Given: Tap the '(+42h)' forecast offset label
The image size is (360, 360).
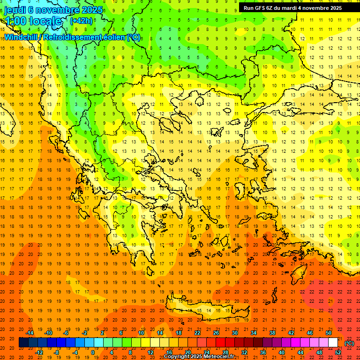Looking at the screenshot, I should pos(81,21).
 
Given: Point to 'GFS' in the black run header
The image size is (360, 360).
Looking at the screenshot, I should pos(262,8).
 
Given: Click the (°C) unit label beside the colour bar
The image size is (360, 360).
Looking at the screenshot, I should pos(349,343).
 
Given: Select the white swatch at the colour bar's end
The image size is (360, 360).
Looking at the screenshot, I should pos(333,343).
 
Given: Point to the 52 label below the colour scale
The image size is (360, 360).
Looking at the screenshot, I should pos(337,352).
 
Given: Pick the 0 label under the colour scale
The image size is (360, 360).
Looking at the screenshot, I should pos(93,352).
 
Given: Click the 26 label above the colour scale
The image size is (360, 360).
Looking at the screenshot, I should pos(216,333).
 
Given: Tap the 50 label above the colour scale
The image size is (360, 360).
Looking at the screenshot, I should pos(329,333).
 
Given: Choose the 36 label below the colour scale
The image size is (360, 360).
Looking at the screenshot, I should pos(262,352).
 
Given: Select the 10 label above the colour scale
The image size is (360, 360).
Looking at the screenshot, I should pos(141,333).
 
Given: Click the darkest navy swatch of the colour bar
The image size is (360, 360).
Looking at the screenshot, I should pos(23,343).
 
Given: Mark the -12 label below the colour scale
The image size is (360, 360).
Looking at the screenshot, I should pos(39,352).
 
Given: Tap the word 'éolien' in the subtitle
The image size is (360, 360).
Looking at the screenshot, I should pos(113,37).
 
